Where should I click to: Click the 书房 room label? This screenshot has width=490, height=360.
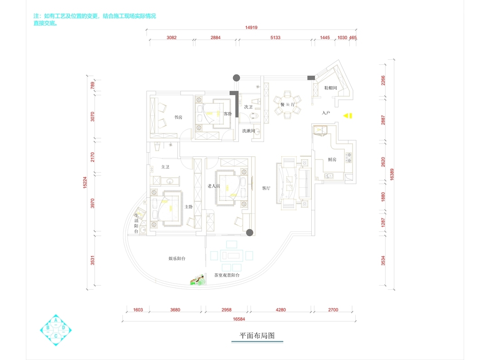[178, 117]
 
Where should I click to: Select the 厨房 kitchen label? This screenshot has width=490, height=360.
[332, 160]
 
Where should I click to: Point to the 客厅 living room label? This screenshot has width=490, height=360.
[266, 188]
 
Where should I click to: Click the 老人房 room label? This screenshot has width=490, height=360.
[213, 186]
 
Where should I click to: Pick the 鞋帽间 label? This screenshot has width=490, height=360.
[330, 88]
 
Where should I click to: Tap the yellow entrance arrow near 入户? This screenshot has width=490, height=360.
[347, 116]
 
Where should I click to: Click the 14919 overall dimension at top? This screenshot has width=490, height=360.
[251, 28]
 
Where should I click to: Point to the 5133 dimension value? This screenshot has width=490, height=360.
[275, 38]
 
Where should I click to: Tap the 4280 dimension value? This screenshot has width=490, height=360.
[280, 310]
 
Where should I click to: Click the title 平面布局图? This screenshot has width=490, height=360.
[257, 336]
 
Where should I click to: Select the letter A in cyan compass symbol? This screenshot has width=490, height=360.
[56, 320]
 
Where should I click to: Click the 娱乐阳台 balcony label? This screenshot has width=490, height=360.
[176, 258]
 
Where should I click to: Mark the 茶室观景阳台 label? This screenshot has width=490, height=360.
[227, 275]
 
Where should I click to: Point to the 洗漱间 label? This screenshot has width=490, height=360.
[248, 131]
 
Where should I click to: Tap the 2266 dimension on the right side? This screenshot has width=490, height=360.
[383, 80]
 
